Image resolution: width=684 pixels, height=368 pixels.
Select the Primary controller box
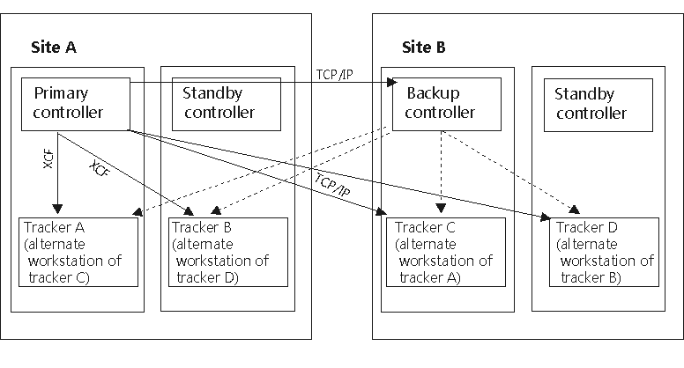[x=76, y=104]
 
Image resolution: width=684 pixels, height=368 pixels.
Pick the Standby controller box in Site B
[x=591, y=104]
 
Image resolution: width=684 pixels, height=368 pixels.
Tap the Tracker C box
[x=445, y=252]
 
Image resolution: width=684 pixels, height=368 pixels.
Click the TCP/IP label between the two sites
[x=334, y=73]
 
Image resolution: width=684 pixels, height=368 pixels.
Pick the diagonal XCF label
[x=100, y=170]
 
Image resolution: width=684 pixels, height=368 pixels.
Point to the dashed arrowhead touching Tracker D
[x=576, y=210]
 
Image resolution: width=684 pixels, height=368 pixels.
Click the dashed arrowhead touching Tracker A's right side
[x=137, y=213]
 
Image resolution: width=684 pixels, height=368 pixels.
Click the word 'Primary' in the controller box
[x=59, y=93]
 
